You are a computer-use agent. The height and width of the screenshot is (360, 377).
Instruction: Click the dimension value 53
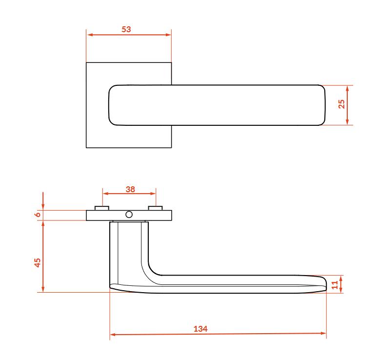click(126, 29)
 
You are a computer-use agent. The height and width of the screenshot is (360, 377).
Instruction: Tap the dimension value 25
click(341, 104)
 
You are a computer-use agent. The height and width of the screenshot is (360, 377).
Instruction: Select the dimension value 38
click(130, 189)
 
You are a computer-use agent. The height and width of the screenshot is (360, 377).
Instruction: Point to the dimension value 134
click(200, 329)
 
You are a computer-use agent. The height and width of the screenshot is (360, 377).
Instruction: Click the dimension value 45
click(38, 262)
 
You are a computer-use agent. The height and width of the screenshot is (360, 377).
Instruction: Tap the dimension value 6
click(38, 214)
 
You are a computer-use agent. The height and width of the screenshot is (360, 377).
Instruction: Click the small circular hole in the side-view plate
click(129, 215)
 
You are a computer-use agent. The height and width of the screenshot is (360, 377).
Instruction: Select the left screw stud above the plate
click(102, 208)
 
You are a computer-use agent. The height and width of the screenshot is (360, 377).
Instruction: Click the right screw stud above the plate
click(155, 208)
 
